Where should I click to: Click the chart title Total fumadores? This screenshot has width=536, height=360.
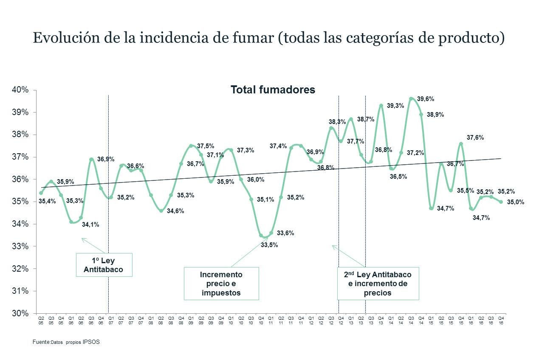coord(273,90)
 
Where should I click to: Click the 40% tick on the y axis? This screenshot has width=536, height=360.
coord(21,90)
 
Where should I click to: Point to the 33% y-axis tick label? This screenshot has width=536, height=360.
coord(21,247)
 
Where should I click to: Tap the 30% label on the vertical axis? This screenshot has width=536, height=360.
coord(21,314)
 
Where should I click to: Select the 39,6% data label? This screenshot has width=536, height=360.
coord(425,99)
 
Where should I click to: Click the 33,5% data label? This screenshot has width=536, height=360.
coord(269,245)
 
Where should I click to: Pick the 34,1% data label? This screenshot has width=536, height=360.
coord(90,225)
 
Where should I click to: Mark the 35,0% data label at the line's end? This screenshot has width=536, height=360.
coord(516,202)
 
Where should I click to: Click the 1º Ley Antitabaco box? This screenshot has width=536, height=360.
coord(104,265)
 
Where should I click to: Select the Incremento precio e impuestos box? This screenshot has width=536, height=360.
coord(221,284)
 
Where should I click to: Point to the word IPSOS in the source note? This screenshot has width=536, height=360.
coord(91,341)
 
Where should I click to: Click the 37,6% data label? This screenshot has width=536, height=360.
coord(475,138)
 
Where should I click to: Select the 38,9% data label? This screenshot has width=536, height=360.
coord(435,115)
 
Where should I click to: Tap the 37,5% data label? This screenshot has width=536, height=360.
coord(206,146)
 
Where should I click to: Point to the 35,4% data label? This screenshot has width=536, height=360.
coord(47,201)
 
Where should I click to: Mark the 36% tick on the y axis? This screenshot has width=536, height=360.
coord(21,180)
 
